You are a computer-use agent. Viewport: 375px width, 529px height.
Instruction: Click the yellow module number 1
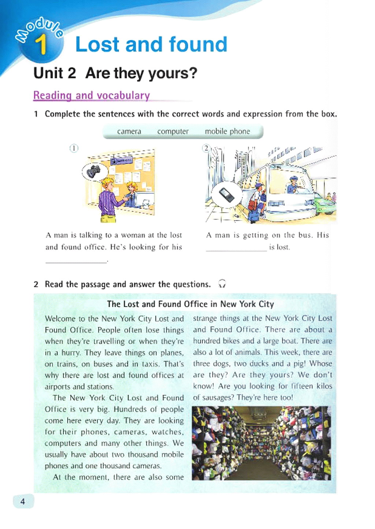(x=41, y=45)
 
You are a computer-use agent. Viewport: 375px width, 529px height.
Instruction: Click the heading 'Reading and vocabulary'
(x=92, y=95)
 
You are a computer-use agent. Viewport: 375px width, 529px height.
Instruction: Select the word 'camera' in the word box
(x=129, y=131)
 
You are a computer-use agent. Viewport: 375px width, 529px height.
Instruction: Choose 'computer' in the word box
(x=173, y=131)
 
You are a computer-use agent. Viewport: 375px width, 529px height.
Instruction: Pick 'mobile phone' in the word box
(x=227, y=131)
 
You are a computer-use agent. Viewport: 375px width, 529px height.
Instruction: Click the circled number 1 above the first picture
(x=74, y=148)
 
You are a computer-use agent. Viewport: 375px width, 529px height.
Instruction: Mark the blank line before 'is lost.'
(x=236, y=249)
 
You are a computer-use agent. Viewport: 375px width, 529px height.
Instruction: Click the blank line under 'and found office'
(x=76, y=261)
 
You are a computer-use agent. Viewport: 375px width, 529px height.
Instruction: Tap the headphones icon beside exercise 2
(x=222, y=284)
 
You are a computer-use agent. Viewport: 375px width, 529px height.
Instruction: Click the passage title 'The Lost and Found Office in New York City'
(x=190, y=304)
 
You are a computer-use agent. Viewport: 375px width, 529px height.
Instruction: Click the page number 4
(x=23, y=501)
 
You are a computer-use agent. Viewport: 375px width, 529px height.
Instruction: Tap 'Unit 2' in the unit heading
(x=55, y=73)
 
